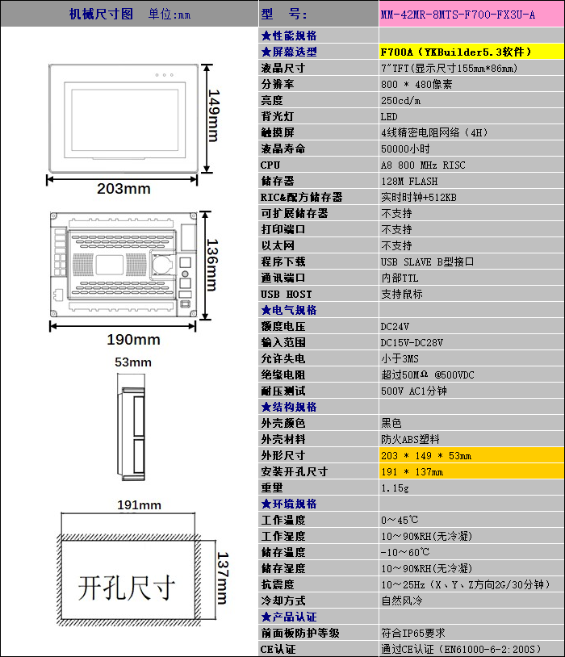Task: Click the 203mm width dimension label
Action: (x=123, y=189)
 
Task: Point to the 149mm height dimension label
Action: (x=213, y=115)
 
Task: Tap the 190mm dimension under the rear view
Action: (x=133, y=339)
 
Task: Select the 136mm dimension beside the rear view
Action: (x=212, y=266)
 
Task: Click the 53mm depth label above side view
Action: (x=133, y=362)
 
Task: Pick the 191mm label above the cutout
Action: (x=139, y=505)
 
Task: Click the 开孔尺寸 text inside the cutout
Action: (x=127, y=588)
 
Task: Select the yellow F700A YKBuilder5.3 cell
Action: (x=471, y=52)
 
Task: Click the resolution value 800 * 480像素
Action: (x=416, y=84)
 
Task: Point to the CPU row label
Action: (x=270, y=165)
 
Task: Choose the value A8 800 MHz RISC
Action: (x=423, y=165)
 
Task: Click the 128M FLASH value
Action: (x=409, y=182)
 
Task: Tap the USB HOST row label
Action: (x=287, y=294)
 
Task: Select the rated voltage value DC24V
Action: (x=395, y=326)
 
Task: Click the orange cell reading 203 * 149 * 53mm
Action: (x=471, y=455)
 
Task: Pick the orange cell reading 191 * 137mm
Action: (x=471, y=472)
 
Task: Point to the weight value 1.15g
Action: (x=395, y=488)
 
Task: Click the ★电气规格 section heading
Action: (x=289, y=310)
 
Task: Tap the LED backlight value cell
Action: (x=471, y=116)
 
